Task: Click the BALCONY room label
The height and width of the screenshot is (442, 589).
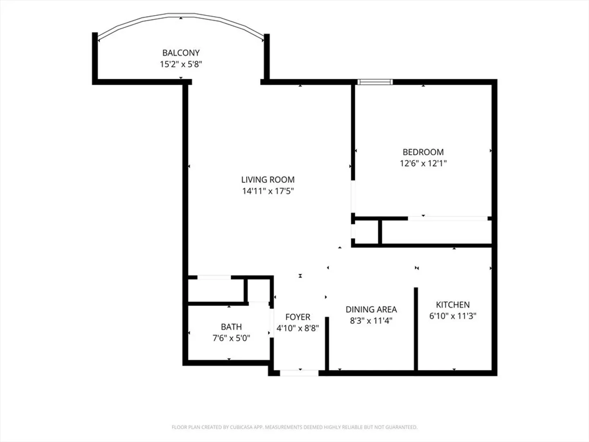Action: point(181,53)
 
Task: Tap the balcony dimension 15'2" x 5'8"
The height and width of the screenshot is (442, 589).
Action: point(181,64)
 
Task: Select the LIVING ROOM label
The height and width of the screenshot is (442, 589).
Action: point(268,180)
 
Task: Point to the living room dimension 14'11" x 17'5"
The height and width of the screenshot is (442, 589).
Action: point(268,191)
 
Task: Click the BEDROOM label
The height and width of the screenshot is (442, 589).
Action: point(423,152)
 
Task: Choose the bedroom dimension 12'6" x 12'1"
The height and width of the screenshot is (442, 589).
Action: point(423,163)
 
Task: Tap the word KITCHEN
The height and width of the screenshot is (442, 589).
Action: point(453,305)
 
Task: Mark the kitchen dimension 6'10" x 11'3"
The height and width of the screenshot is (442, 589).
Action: point(453,316)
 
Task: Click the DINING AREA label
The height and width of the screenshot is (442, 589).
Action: point(371,309)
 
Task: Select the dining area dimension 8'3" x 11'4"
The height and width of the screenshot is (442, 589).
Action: point(371,321)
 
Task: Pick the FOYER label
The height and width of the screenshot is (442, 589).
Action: point(298,317)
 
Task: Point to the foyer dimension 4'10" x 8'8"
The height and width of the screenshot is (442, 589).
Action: point(298,328)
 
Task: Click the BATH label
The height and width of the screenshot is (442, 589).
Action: point(231,327)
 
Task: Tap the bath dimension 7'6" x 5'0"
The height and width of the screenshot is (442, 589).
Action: point(231,338)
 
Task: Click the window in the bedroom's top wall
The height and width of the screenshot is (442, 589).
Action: point(375,82)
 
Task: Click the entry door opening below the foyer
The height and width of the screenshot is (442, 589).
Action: point(299,373)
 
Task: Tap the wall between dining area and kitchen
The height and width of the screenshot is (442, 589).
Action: point(416,329)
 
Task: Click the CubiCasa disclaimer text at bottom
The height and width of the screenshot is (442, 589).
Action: point(294,427)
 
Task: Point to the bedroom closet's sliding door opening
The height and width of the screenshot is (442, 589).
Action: point(447,219)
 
